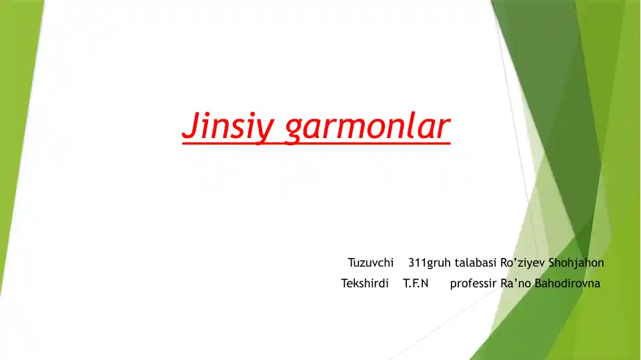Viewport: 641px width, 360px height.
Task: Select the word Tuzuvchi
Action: coord(371,263)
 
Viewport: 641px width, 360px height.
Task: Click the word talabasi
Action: coord(476,263)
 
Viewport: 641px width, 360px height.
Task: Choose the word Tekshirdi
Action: coord(365,283)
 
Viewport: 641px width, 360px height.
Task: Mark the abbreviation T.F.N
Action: coord(416,283)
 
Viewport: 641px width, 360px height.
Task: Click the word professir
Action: coord(473,283)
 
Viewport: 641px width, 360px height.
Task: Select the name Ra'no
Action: coord(514,283)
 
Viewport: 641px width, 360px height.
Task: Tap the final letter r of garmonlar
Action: coord(445,127)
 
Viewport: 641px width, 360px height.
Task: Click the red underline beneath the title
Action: coord(316,141)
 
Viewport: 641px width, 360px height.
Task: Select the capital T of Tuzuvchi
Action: coord(351,263)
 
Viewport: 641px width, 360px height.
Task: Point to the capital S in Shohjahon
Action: coord(552,263)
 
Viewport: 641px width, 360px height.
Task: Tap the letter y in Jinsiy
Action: coord(265,130)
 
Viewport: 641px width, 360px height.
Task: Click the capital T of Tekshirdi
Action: coord(344,283)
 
